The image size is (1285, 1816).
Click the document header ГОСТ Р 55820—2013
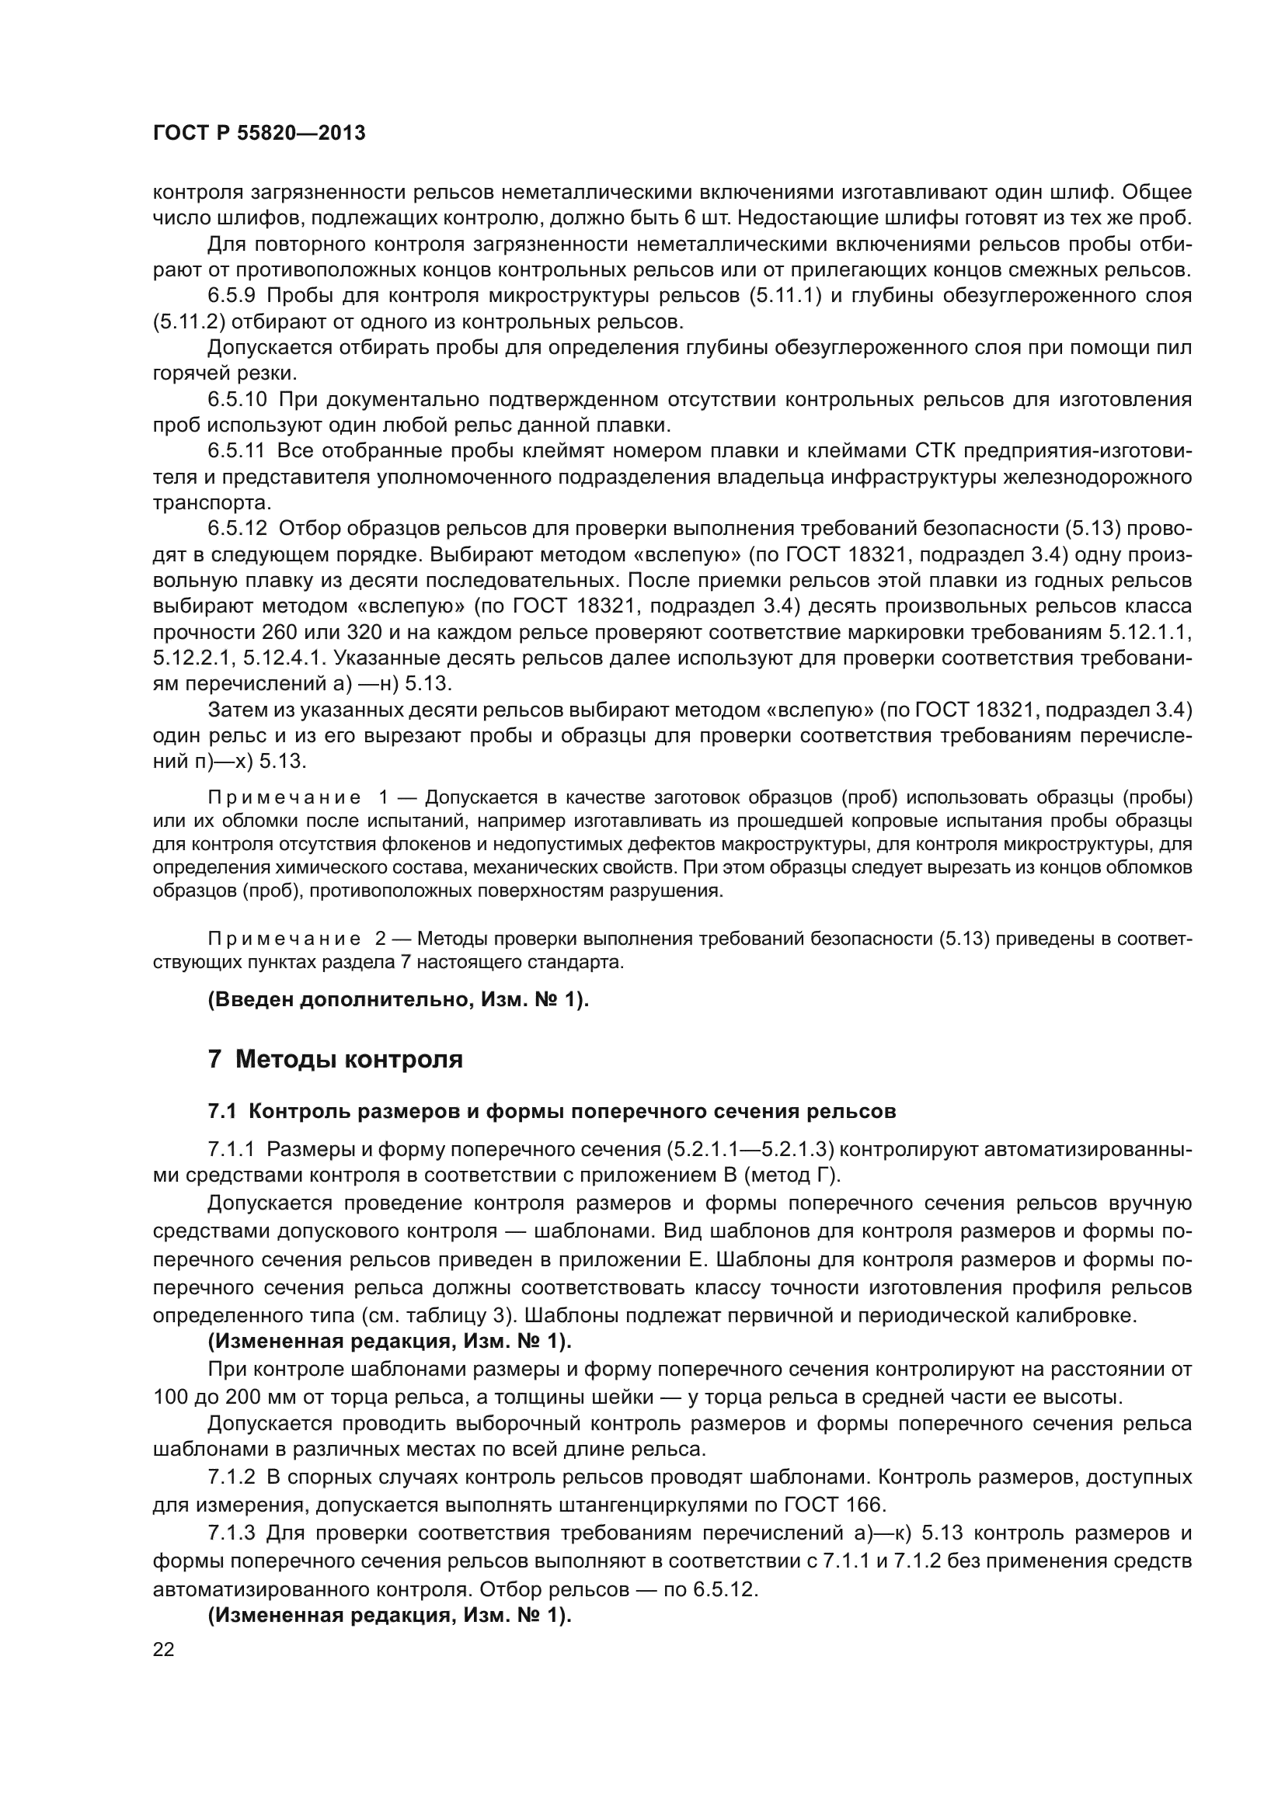pos(259,133)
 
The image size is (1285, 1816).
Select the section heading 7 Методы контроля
pos(335,1058)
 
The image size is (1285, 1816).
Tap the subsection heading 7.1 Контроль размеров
pos(552,1111)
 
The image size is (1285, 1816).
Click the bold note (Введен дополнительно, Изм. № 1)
pos(398,1000)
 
